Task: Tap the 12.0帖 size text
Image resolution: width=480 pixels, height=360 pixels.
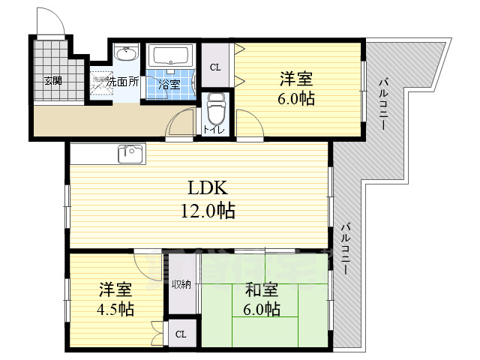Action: tap(207, 211)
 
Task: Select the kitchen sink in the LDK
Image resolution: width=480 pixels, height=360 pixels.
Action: tap(130, 154)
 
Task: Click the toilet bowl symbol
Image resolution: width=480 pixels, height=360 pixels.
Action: tap(216, 109)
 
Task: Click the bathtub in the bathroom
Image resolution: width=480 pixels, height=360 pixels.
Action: tap(172, 56)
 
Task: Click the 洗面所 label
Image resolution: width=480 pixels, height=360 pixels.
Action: tap(122, 81)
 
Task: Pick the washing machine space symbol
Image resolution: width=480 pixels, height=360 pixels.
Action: tap(100, 82)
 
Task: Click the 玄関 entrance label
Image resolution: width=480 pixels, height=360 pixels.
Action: tap(52, 80)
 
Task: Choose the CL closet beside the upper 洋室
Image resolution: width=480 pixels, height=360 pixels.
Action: tap(215, 67)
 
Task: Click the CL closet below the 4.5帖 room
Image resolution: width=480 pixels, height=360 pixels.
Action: tap(181, 334)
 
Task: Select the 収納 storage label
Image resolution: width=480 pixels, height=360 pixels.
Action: tap(181, 284)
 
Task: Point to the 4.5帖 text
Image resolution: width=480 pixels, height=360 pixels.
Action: tap(115, 309)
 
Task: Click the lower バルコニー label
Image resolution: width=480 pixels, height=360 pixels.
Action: tap(347, 248)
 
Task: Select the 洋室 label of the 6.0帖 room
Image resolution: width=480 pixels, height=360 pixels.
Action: tap(297, 78)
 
